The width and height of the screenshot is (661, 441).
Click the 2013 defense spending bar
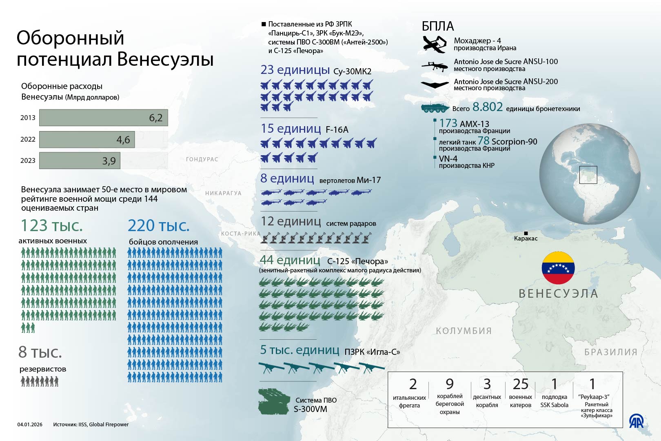click(x=104, y=118)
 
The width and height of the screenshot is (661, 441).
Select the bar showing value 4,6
click(x=87, y=140)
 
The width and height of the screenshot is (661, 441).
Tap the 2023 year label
click(x=28, y=160)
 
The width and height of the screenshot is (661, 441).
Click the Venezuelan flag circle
click(x=558, y=268)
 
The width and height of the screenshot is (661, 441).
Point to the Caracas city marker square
click(x=526, y=233)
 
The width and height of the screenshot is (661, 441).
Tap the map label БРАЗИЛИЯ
click(x=610, y=352)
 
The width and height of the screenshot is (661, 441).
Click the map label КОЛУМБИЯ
click(x=464, y=331)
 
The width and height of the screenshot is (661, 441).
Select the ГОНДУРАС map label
click(x=202, y=159)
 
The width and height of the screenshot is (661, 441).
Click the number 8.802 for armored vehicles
click(x=488, y=107)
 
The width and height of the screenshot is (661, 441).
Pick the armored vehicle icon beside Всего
click(x=435, y=107)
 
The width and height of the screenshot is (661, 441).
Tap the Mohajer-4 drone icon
click(x=435, y=44)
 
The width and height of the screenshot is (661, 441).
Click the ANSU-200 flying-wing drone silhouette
click(x=435, y=84)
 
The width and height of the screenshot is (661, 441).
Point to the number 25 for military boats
click(x=520, y=384)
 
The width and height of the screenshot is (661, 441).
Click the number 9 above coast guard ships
click(x=449, y=384)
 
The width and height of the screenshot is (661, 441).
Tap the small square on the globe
click(x=588, y=175)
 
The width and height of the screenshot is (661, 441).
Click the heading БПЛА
click(x=437, y=26)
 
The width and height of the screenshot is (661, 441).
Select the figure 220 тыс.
click(x=159, y=225)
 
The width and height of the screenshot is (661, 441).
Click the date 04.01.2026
click(x=30, y=425)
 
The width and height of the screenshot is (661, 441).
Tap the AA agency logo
click(x=636, y=421)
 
